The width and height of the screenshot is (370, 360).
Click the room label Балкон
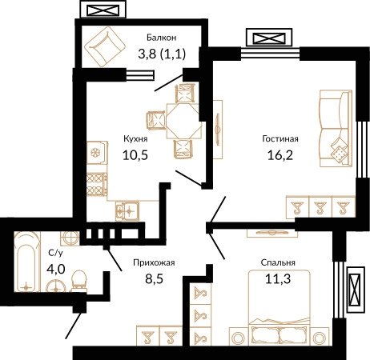coord(162,38)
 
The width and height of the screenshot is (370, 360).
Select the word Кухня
coord(135,139)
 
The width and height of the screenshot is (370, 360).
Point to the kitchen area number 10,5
coord(135,155)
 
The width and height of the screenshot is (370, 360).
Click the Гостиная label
coord(280,138)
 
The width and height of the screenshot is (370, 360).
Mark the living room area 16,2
coord(280,155)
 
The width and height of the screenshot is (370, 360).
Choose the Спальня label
coord(278,262)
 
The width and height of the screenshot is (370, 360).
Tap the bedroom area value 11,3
coord(278,279)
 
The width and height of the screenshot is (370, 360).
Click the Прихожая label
coord(154,262)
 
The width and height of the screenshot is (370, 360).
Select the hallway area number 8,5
coord(154,279)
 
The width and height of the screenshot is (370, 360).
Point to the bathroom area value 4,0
coord(56,269)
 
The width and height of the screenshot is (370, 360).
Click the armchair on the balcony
coord(105,46)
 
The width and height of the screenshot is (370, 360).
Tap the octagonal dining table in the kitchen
coord(183,122)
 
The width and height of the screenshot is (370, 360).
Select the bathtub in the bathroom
coord(27,262)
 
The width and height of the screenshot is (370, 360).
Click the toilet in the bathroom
coord(79,281)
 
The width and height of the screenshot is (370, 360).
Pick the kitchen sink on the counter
coord(127,211)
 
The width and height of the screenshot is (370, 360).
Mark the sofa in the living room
coord(336,129)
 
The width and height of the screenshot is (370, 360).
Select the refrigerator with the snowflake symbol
coord(97,153)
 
